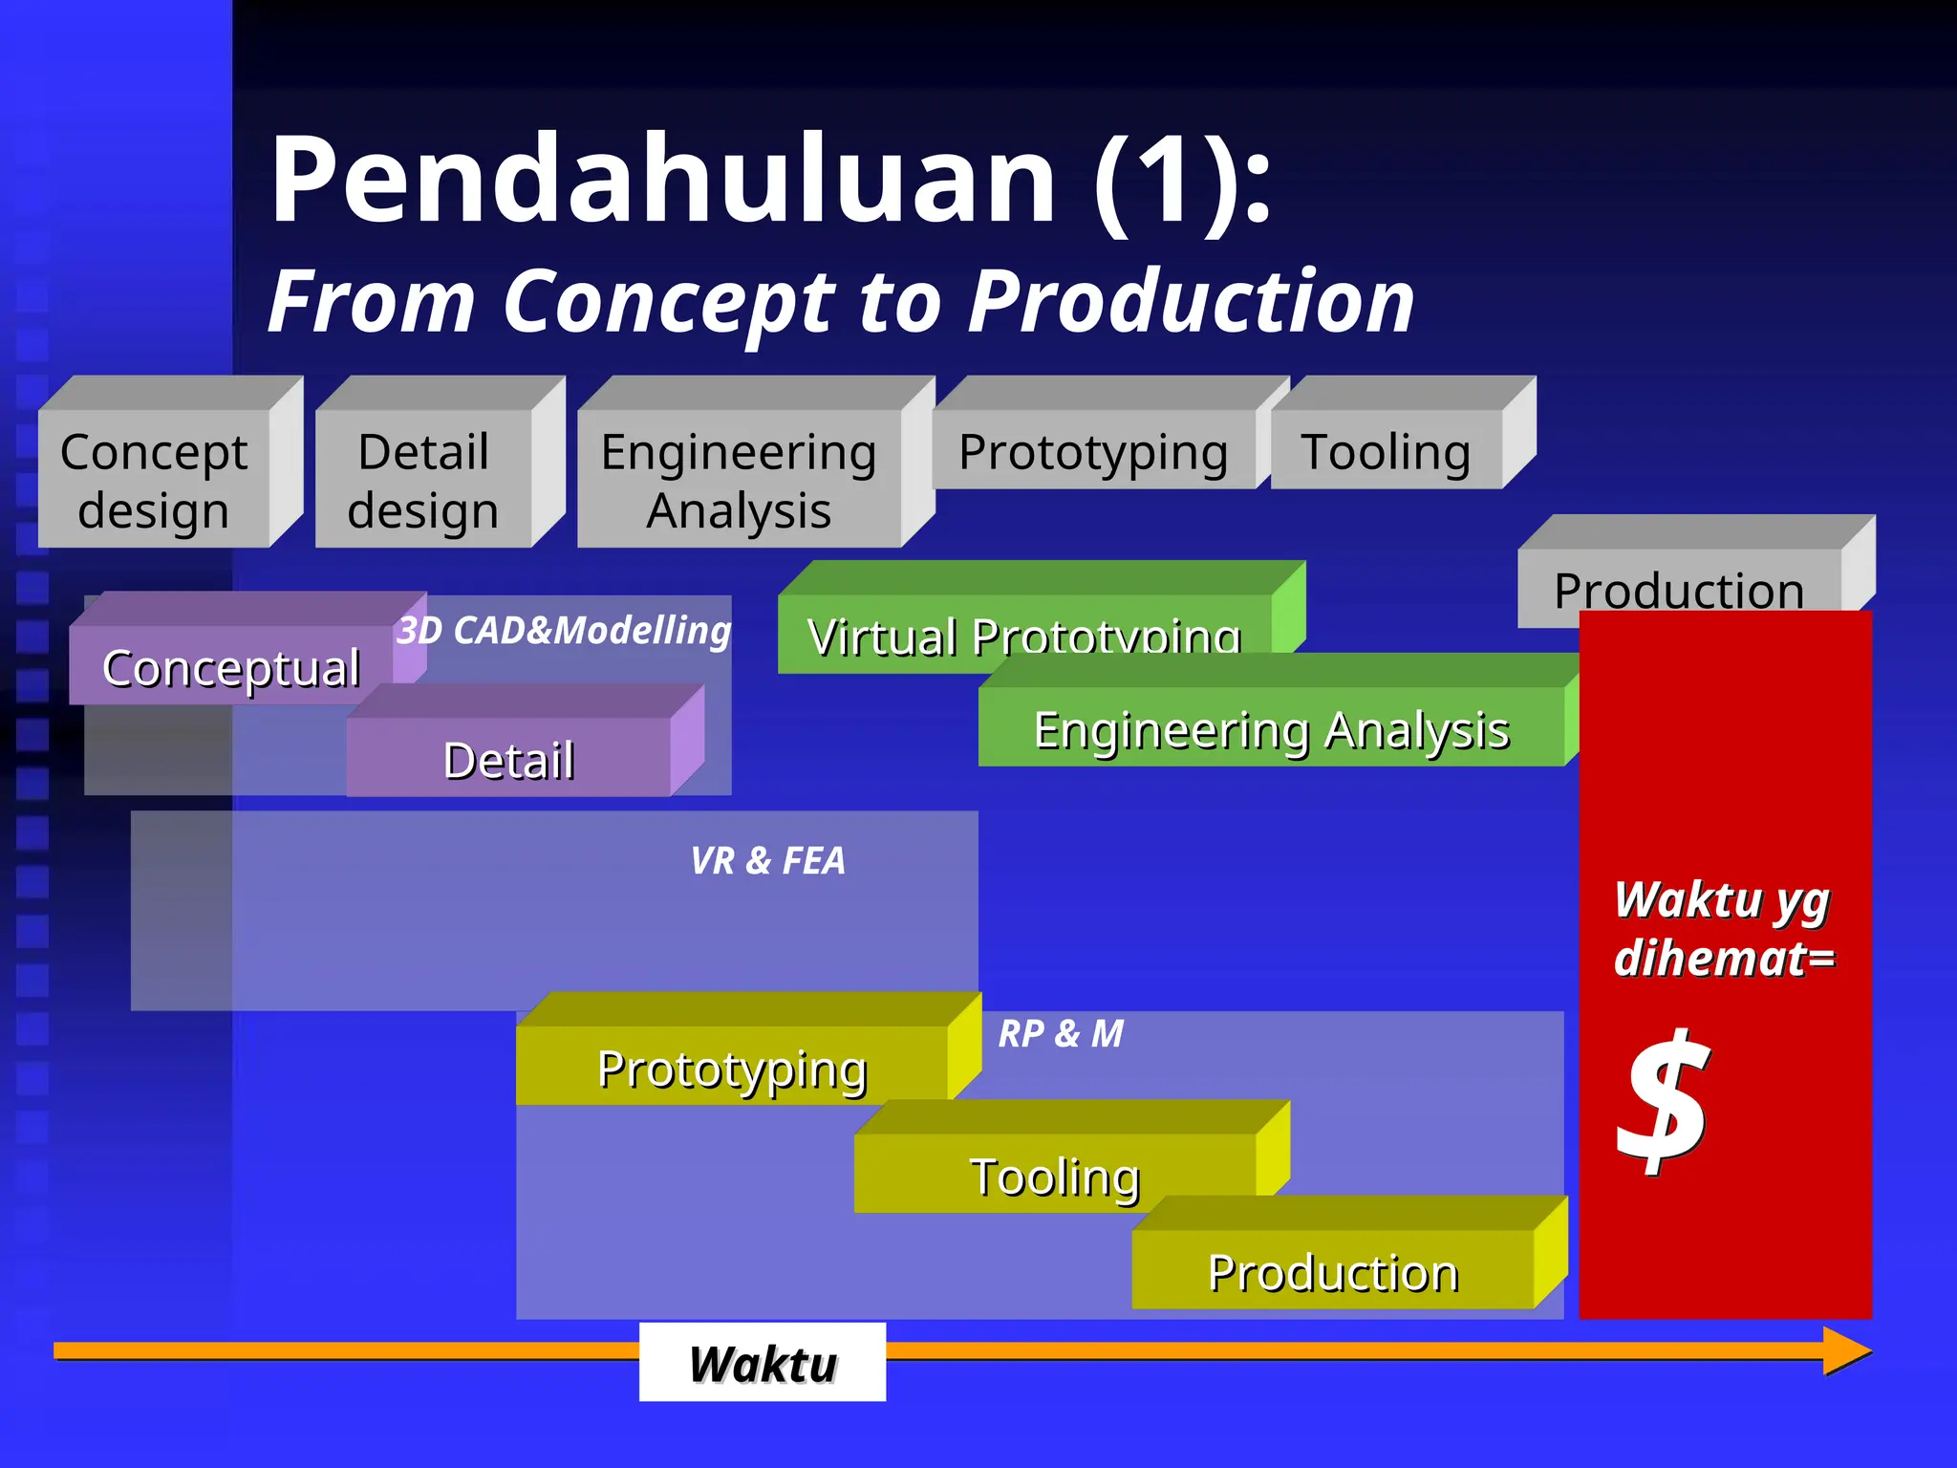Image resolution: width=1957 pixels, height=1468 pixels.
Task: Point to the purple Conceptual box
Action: pos(230,667)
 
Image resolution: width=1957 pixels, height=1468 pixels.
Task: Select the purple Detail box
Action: pos(508,759)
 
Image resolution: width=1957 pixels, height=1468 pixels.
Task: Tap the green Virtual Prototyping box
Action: pos(1023,631)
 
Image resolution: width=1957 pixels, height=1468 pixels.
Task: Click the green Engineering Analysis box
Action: pos(1271,728)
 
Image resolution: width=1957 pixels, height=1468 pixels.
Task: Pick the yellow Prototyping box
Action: pos(732,1067)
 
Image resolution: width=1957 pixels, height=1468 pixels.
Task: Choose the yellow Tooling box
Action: pos(1055,1175)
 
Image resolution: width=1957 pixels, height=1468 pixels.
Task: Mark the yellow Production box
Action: pos(1333,1271)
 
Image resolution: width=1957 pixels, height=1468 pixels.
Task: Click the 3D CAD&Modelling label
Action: pos(564,631)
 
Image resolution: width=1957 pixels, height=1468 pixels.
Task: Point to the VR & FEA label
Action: pos(767,861)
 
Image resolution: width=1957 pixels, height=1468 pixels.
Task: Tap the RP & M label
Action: pos(1061,1034)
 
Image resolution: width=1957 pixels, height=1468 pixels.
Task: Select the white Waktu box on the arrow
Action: pos(763,1363)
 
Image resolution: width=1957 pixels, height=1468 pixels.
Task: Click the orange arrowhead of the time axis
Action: pos(1846,1350)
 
